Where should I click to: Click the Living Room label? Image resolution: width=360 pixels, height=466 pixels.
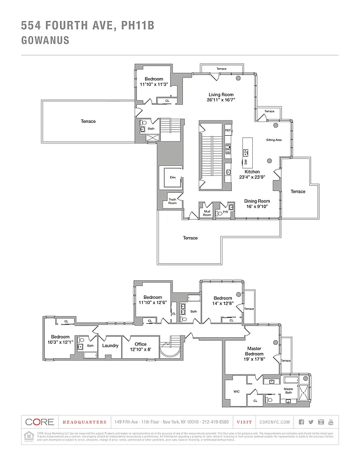tap(221, 94)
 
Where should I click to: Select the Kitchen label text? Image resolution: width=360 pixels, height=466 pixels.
tap(252, 172)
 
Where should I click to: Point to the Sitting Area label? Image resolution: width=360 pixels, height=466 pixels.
tap(274, 140)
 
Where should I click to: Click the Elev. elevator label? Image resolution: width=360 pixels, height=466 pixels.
tap(172, 177)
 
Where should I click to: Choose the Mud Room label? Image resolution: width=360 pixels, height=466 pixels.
tap(207, 214)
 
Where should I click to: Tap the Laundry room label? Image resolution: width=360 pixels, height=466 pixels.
tap(110, 345)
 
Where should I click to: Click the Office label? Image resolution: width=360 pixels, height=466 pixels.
tap(140, 344)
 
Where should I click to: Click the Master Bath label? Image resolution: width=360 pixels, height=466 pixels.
tap(288, 390)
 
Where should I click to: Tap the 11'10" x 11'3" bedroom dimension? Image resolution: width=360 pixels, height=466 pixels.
tap(154, 84)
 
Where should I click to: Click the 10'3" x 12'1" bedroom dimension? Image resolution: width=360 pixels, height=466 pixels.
tap(60, 343)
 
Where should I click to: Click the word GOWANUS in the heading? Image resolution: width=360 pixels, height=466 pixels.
tap(45, 41)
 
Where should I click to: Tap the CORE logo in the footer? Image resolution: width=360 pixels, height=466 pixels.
tap(38, 422)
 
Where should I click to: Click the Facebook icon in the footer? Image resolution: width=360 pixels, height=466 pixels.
tap(301, 422)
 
